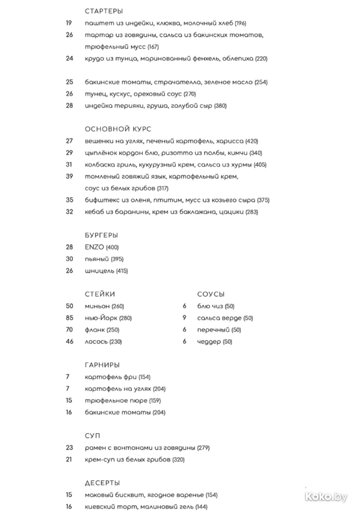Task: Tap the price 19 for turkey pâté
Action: point(69,23)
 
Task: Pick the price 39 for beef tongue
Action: point(69,177)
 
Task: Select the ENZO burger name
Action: point(94,247)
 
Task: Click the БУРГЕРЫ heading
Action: point(101,235)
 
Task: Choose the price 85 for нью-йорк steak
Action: point(69,318)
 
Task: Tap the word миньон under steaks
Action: point(97,306)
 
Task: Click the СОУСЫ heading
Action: point(211,294)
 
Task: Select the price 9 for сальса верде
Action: point(184,318)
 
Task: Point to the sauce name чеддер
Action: point(209,342)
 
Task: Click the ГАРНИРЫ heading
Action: point(102,365)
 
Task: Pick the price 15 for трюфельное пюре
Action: point(69,401)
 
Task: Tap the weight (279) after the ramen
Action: point(204,448)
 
